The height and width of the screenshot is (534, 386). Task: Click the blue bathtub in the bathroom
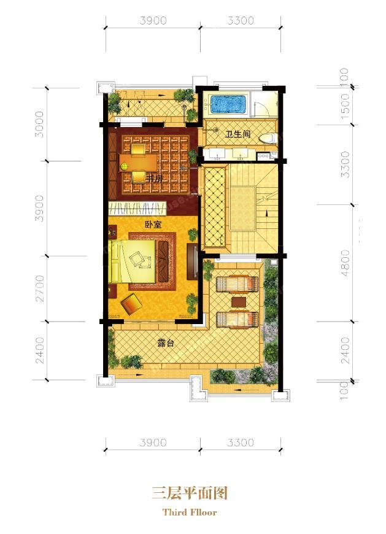[x=228, y=104]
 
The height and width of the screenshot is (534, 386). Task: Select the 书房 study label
[x=154, y=178]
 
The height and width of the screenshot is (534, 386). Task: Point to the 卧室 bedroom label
[x=153, y=225]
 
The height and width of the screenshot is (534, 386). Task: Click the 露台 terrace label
[x=166, y=343]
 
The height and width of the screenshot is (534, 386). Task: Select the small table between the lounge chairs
[x=237, y=301]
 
